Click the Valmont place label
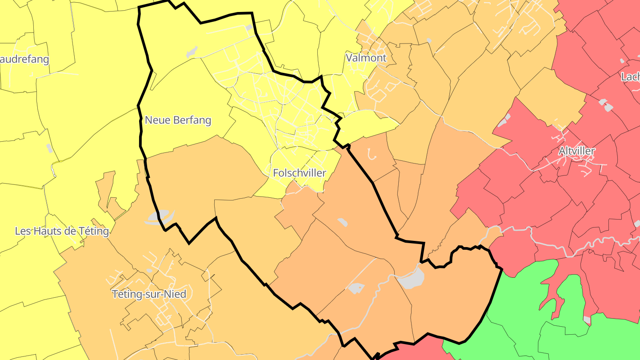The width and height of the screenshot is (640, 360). point(366,58)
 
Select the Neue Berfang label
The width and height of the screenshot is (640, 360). point(178,120)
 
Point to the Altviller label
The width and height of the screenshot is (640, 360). point(576,151)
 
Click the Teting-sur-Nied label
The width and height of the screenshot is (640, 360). point(149,294)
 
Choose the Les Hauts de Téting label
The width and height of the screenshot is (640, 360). point(62,231)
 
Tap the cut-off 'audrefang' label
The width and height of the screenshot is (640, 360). point(24,60)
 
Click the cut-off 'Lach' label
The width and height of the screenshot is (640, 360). point(630,77)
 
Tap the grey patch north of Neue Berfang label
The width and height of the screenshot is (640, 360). point(192,52)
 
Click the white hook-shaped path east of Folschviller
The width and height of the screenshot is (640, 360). point(372,154)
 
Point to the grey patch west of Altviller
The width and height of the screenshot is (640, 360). point(504,120)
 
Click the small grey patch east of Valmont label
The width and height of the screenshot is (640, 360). point(429,40)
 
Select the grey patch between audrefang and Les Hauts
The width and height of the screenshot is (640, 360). point(49,148)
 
